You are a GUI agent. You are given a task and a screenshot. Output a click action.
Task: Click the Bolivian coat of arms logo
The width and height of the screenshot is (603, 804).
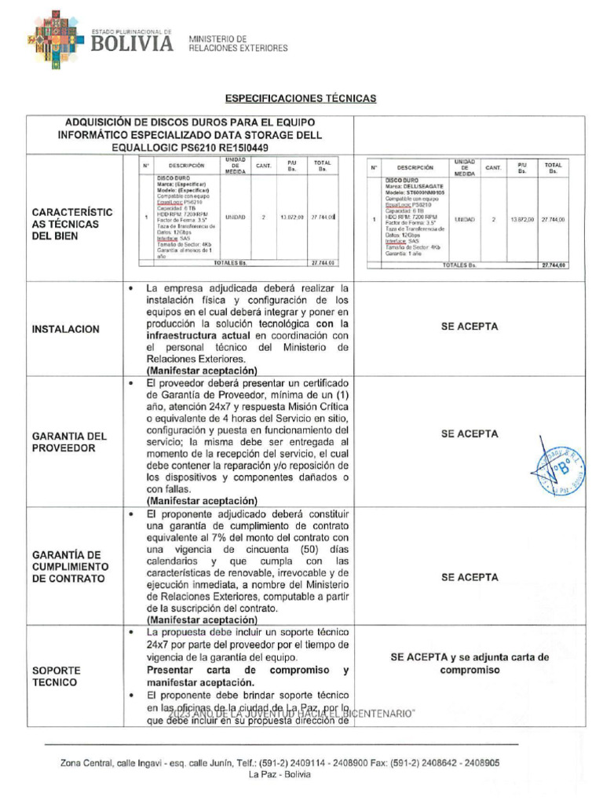(54, 39)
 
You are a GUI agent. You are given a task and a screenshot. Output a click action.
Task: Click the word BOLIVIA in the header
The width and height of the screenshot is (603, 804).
(133, 45)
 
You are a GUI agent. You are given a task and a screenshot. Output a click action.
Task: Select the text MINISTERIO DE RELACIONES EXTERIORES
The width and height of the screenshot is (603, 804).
(238, 43)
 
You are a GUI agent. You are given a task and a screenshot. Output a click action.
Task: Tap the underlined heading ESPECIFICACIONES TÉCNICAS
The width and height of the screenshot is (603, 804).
(301, 99)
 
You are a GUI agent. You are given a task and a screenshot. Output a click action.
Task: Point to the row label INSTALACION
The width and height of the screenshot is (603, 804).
(66, 329)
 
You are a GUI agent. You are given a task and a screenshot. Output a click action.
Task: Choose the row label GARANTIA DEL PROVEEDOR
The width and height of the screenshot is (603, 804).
(69, 441)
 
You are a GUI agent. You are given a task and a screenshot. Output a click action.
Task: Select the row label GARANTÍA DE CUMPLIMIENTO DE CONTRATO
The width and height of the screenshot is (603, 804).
(71, 566)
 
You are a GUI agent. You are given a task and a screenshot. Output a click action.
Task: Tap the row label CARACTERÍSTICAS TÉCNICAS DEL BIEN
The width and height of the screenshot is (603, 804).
(72, 224)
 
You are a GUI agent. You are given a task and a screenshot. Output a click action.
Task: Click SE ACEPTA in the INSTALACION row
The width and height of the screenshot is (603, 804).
(470, 327)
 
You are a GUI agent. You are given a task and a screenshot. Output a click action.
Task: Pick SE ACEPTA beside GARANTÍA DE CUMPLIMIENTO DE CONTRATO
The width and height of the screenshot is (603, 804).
(470, 577)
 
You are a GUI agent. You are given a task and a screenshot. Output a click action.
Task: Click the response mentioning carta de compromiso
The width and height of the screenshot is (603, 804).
(470, 663)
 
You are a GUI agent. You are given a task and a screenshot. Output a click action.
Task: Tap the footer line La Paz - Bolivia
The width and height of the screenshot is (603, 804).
(280, 774)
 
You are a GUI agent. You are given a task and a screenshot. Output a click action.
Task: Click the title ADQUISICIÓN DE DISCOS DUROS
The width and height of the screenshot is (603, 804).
(190, 122)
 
